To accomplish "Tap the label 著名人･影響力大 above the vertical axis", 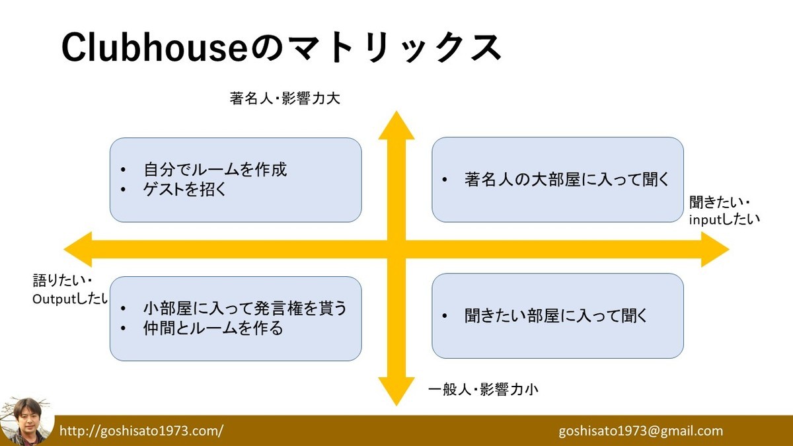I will (285, 99).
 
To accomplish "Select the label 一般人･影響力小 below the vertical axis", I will (483, 389).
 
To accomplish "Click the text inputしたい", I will (724, 218).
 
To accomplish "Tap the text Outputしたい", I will (70, 299).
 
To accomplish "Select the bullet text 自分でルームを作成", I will (215, 169).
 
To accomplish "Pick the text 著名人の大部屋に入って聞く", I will (567, 179).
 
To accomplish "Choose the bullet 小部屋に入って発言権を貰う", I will (245, 308).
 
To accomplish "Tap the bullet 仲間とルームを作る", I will (213, 328).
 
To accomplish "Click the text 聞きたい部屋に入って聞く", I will (556, 315).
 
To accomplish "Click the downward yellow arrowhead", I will (396, 391).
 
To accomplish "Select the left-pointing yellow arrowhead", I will (78, 250).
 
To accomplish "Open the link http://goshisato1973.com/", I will (141, 431).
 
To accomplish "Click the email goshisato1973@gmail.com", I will (640, 431).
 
